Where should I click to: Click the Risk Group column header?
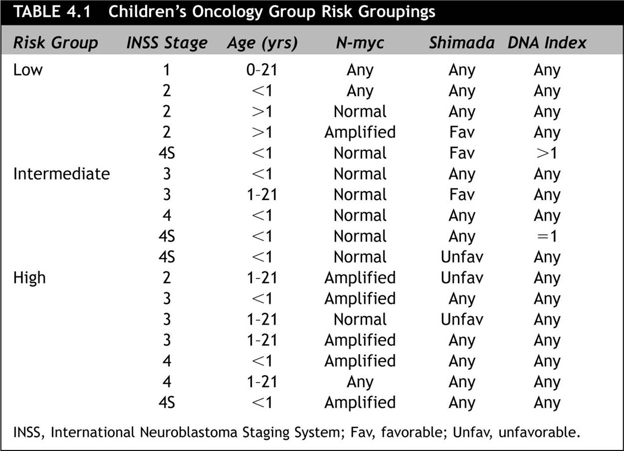point(55,43)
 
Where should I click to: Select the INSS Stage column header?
point(167,43)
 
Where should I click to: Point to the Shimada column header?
point(462,43)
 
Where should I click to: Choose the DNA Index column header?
point(547,43)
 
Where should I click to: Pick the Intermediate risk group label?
point(61,174)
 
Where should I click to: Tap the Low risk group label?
point(28,70)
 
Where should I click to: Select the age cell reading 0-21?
point(262,70)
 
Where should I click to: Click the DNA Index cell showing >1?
point(547,153)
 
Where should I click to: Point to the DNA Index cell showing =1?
point(547,236)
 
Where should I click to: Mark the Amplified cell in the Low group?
point(360,133)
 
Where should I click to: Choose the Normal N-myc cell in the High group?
point(360,319)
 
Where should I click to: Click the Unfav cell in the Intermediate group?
point(462,257)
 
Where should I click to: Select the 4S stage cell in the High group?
point(167,402)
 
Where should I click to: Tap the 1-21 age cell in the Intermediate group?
point(262,194)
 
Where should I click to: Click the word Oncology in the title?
point(227,12)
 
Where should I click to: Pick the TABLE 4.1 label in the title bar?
point(52,12)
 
